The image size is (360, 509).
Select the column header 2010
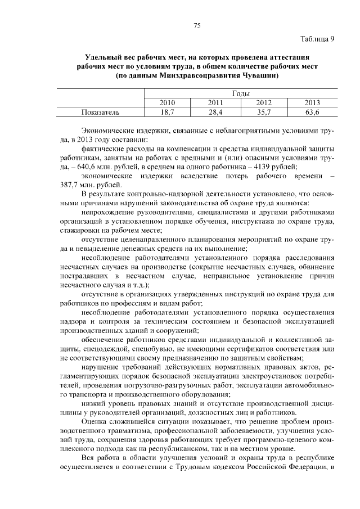[x=168, y=103]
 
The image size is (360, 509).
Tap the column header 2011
[x=216, y=103]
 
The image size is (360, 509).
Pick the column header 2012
[x=264, y=103]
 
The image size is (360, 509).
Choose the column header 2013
[x=312, y=103]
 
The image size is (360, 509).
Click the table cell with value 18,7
[x=168, y=112]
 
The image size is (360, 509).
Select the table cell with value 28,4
[x=216, y=112]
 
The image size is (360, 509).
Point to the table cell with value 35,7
[x=264, y=112]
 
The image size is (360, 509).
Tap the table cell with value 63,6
[x=312, y=112]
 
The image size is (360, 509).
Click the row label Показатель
[x=100, y=112]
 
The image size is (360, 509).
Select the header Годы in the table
[x=240, y=94]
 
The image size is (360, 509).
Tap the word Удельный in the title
[x=103, y=57]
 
